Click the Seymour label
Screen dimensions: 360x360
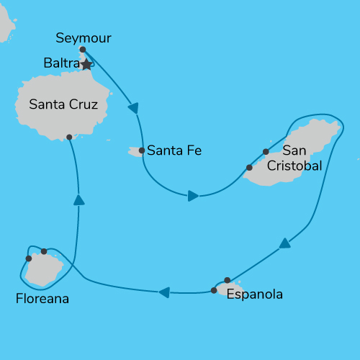coord(84,38)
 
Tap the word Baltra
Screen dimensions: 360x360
coord(61,63)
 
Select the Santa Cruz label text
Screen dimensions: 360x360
coord(63,104)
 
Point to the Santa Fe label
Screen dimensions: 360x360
coord(174,151)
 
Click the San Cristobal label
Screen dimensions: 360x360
coord(292,158)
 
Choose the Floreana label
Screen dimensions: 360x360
coord(42,298)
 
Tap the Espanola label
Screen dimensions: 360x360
coord(254,294)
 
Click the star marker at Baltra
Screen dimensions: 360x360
coord(86,65)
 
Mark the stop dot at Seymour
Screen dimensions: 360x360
coord(83,50)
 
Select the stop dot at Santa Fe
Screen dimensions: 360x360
coord(142,151)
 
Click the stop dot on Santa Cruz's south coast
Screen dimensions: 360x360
coord(69,137)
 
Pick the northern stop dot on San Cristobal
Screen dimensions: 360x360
coord(266,151)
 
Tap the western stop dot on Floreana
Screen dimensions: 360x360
coord(29,258)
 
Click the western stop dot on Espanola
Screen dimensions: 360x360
coord(214,291)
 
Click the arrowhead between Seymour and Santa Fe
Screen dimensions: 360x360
coord(133,108)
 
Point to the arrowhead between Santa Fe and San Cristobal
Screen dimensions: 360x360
coord(193,195)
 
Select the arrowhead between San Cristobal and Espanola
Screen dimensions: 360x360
coord(285,243)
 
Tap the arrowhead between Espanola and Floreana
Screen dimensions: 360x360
coord(164,292)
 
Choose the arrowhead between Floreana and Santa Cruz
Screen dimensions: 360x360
coord(78,199)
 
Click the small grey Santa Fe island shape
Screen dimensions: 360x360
coord(134,151)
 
